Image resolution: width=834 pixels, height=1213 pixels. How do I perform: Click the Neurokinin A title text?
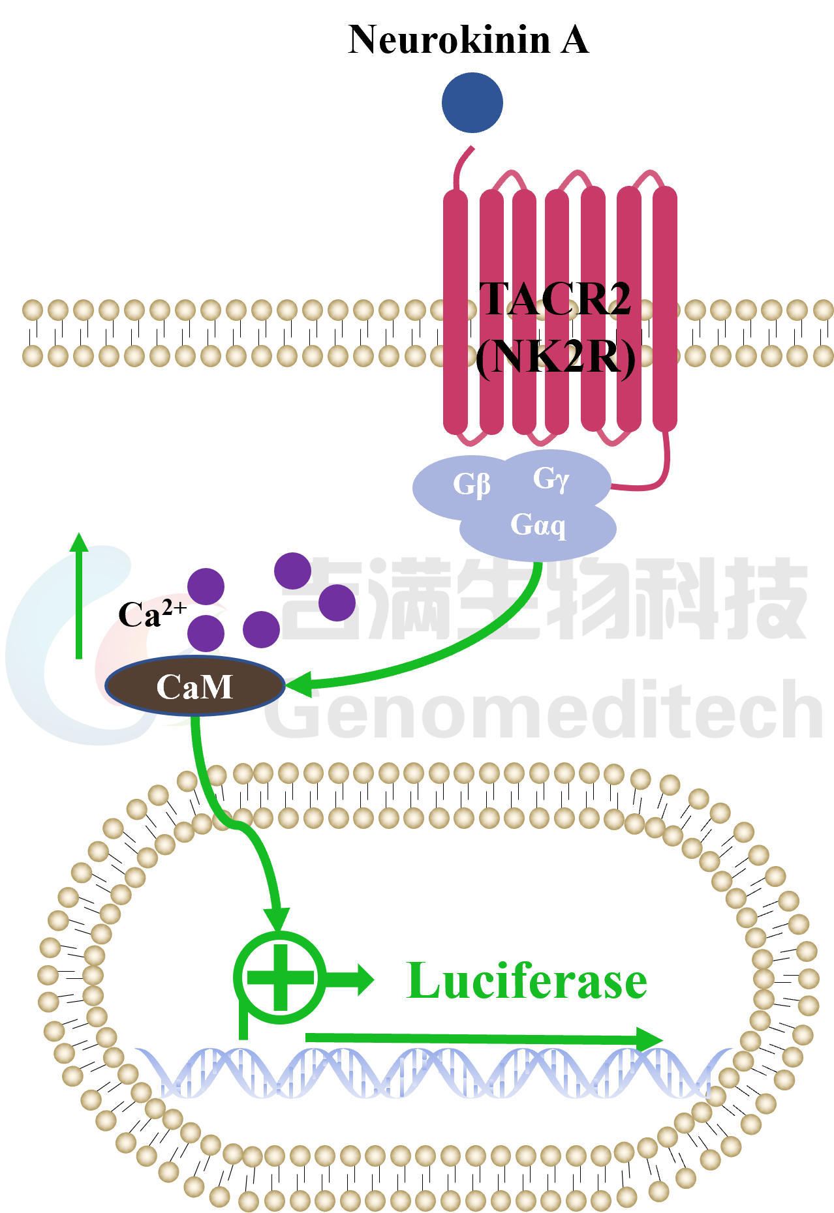pos(469,40)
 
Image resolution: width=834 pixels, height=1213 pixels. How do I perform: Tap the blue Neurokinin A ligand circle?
pos(472,102)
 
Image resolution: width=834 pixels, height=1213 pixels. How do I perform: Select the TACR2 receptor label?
pos(555,299)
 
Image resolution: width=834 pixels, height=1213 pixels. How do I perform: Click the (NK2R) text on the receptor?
pos(555,358)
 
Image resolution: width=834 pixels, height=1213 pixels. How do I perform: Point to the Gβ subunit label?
pos(472,485)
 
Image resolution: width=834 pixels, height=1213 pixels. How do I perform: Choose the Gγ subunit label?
pos(551,479)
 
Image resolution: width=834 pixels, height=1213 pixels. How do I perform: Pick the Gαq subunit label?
pos(538,525)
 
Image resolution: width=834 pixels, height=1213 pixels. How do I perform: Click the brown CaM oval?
pos(195,686)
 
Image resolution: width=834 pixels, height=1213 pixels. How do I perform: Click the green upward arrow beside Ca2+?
pos(79,595)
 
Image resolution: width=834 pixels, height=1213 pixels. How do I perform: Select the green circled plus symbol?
pos(280,978)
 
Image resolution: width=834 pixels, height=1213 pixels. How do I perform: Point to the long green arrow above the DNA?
pos(484,1038)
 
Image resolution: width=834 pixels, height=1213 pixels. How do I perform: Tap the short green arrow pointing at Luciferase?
pos(350,979)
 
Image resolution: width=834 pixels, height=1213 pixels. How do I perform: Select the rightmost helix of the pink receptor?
pos(665,309)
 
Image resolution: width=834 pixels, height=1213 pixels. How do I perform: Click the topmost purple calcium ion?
pos(292,571)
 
